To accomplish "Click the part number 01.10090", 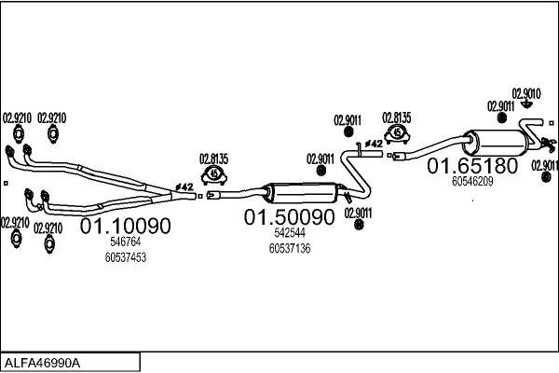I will coord(125,226).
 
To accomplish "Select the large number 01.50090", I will coord(289,217).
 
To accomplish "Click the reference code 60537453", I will coord(127,256).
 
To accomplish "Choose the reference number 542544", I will coord(289,233).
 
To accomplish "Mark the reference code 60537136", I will coord(289,248).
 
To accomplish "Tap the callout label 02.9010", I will coord(526,93).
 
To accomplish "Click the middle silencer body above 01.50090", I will coord(302,192).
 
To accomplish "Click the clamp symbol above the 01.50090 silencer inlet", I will coord(216,173).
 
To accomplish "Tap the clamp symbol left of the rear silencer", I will coord(398,133).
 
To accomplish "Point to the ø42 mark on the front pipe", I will coord(184,187).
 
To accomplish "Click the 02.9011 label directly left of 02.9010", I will coord(501,106).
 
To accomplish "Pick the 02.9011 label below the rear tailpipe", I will coord(544,165).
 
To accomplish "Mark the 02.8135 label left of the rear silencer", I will coord(397,117).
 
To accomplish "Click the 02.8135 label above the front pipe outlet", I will coord(214,158).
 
